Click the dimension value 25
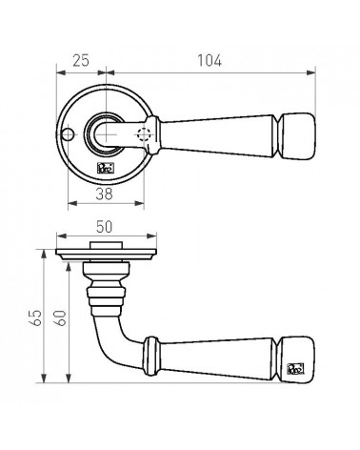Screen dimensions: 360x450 pyautogui.click(x=81, y=60)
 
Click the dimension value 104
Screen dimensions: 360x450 pyautogui.click(x=210, y=60)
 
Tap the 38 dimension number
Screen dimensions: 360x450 pyautogui.click(x=104, y=194)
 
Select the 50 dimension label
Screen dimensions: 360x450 pyautogui.click(x=104, y=227)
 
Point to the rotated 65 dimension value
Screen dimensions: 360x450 pyautogui.click(x=36, y=317)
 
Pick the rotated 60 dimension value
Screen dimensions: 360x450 pyautogui.click(x=60, y=317)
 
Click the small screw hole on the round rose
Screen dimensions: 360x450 pyautogui.click(x=68, y=134)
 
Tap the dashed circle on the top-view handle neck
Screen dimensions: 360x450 pyautogui.click(x=143, y=134)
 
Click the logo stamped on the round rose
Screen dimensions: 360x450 pyautogui.click(x=105, y=168)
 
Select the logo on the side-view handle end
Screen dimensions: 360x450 pyautogui.click(x=295, y=369)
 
